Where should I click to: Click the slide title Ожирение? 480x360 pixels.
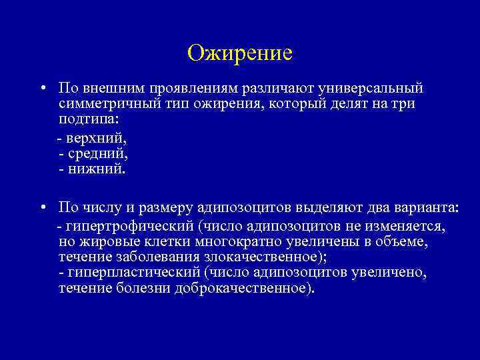240,52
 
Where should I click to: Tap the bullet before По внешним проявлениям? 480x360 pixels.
42,89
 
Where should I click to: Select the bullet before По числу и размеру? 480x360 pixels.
42,207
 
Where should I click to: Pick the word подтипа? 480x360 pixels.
85,121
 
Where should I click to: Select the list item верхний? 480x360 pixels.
95,138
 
